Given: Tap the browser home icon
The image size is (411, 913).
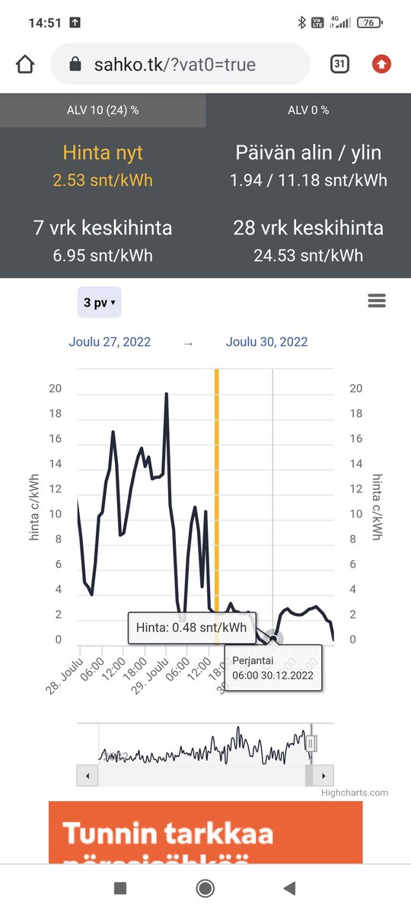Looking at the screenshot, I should click(25, 65).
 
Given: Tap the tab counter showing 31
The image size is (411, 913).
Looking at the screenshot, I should click(339, 65).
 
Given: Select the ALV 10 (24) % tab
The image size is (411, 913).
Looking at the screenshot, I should click(103, 110).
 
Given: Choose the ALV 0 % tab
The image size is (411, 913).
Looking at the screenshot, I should click(308, 110).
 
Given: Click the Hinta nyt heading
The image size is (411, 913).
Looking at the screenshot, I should click(103, 153).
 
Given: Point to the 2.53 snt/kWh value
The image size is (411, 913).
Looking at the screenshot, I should click(103, 180).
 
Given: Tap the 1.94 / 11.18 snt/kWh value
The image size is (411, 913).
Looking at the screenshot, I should click(308, 180).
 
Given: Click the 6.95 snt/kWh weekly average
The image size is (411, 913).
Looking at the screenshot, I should click(103, 256).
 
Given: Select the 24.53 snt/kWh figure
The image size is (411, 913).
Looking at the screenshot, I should click(308, 256).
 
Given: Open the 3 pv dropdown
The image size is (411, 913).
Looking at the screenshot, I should click(99, 303).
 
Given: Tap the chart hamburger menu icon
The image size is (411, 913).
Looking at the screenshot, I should click(377, 301).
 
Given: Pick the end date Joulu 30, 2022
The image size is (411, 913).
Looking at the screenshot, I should click(267, 342).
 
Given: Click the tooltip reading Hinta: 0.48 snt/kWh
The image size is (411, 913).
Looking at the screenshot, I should click(191, 628).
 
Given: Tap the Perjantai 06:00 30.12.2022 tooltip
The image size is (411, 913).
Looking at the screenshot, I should click(273, 668).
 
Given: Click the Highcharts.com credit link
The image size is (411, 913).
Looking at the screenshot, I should click(354, 793).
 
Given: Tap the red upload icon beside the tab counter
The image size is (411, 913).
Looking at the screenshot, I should click(381, 65).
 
